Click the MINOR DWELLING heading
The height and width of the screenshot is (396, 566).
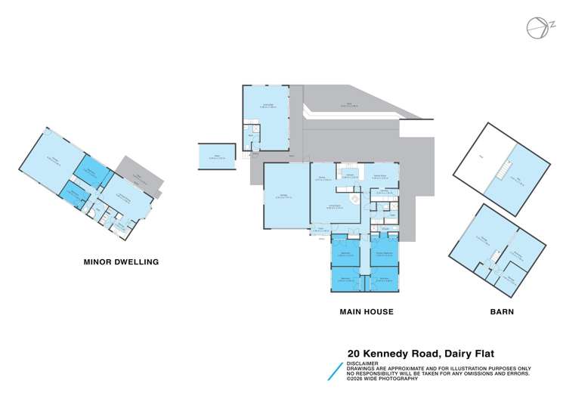(x=121, y=262)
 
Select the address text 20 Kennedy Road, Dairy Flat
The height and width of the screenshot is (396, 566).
(x=420, y=352)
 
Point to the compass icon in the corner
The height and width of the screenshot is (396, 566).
(x=537, y=27)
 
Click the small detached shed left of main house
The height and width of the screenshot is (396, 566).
(x=217, y=156)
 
